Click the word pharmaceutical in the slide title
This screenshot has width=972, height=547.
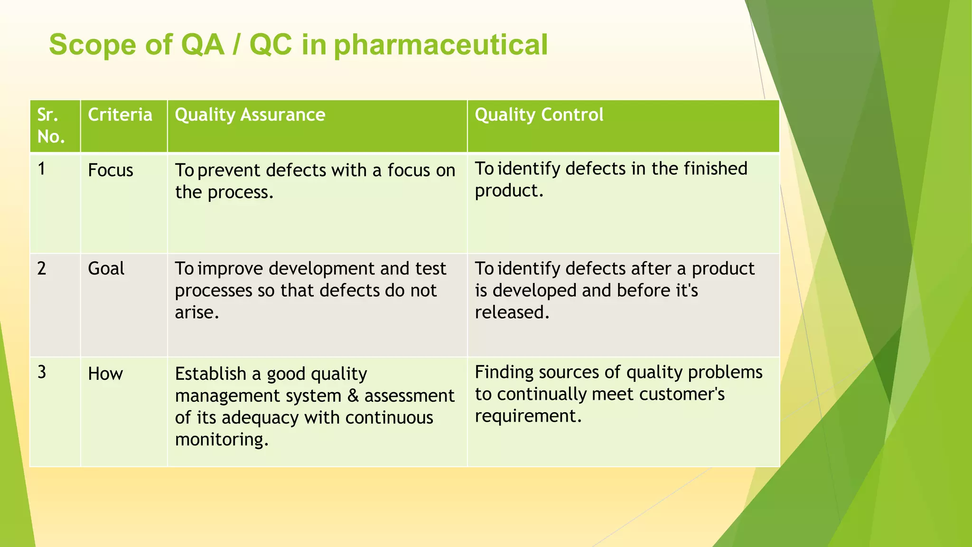click(x=440, y=46)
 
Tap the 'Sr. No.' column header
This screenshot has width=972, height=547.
click(x=51, y=126)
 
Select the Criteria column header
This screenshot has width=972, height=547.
click(x=120, y=115)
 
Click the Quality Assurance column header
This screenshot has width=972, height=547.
click(x=250, y=115)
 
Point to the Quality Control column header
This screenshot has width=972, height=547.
click(x=539, y=115)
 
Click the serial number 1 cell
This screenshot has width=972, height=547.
click(x=42, y=169)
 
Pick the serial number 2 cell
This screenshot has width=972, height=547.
click(x=42, y=269)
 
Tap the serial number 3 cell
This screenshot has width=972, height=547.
click(x=42, y=372)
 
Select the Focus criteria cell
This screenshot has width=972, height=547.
click(x=111, y=170)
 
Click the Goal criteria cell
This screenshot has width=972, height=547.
click(x=106, y=269)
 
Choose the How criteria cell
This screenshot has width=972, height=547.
click(x=105, y=374)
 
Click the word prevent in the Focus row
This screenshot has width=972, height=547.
click(x=229, y=170)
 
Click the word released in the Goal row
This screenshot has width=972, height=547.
click(x=512, y=312)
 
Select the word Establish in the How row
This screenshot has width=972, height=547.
click(x=211, y=374)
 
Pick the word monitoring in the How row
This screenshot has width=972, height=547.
click(x=221, y=440)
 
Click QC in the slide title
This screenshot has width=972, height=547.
click(x=271, y=46)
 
